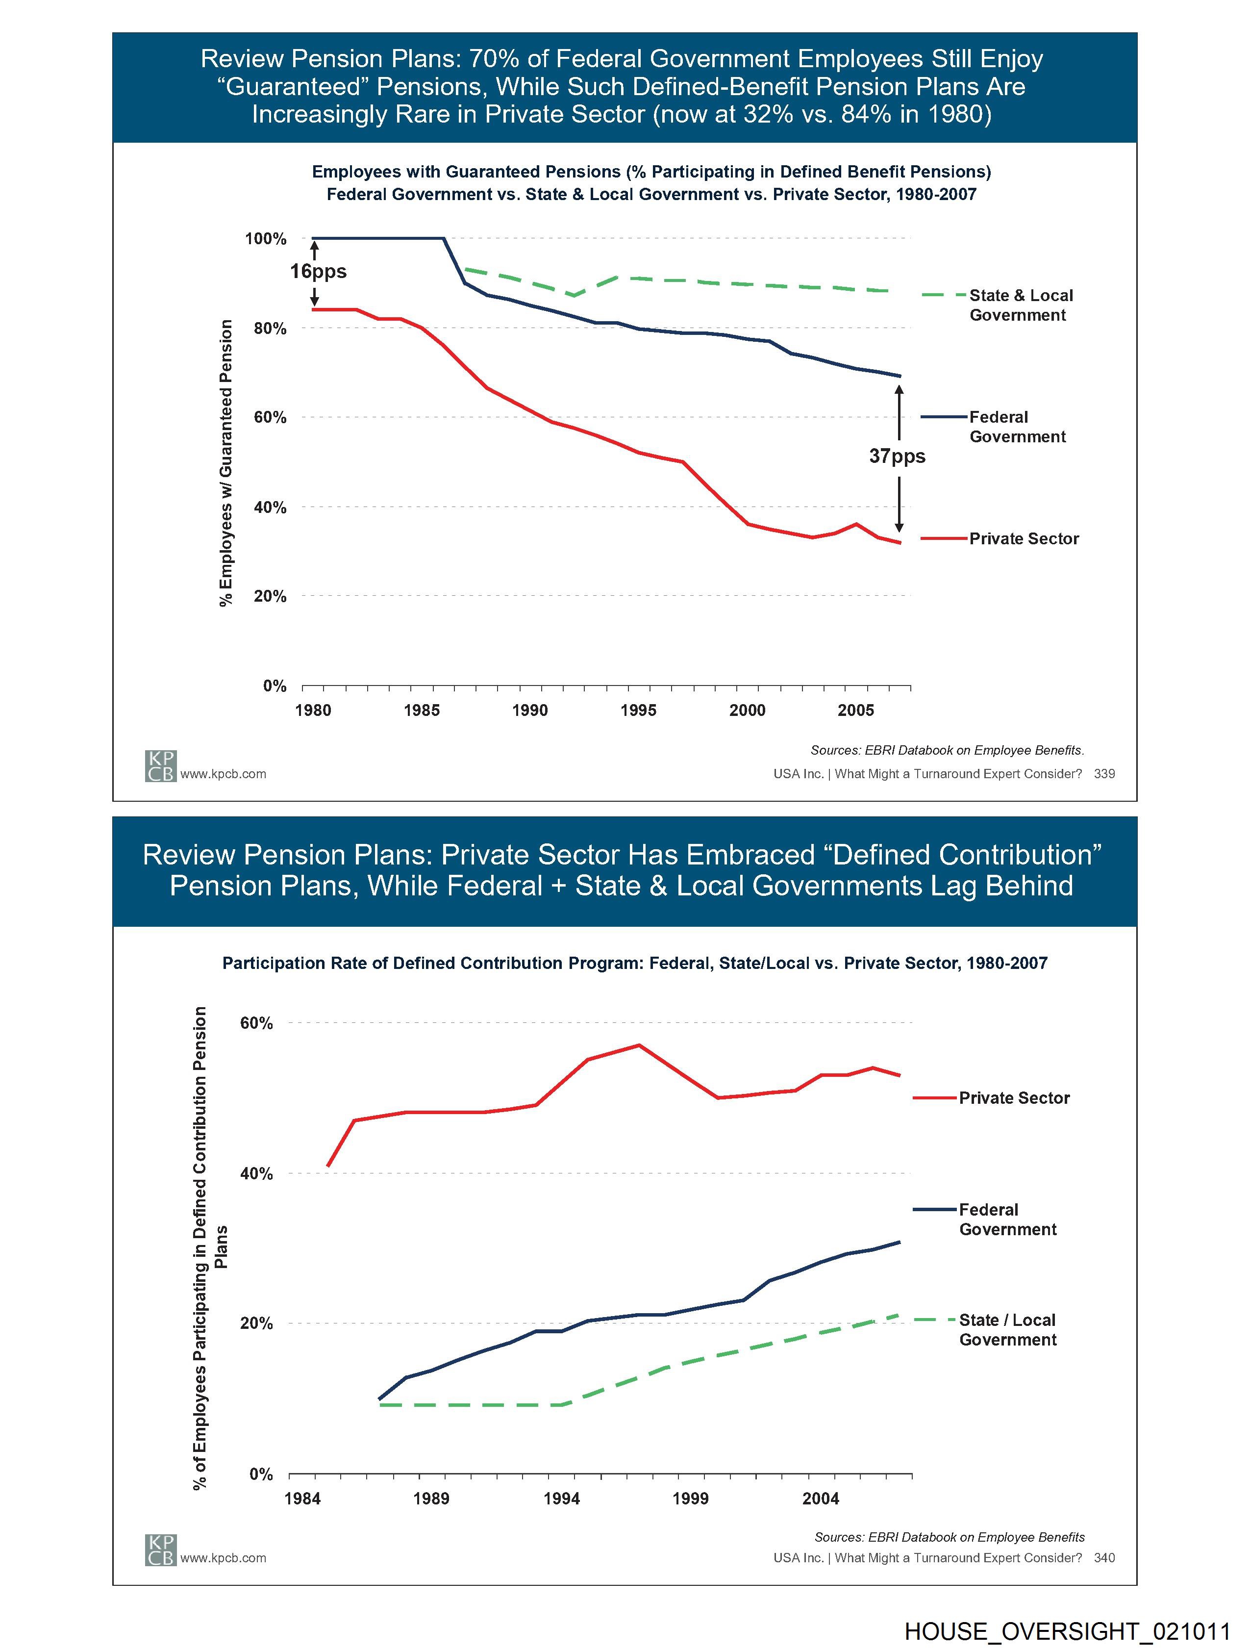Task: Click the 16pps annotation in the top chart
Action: click(x=318, y=271)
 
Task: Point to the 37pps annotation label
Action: click(x=897, y=457)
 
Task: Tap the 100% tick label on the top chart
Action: click(x=266, y=239)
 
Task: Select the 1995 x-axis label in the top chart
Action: click(x=638, y=710)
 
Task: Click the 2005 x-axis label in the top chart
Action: click(x=856, y=710)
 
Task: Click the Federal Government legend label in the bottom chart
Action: click(x=1007, y=1220)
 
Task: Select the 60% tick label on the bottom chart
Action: click(x=256, y=1023)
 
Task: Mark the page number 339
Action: click(x=1104, y=774)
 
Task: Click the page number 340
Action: click(x=1104, y=1558)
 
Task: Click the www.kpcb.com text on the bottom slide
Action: click(x=223, y=1558)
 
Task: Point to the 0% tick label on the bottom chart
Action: click(x=261, y=1474)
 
